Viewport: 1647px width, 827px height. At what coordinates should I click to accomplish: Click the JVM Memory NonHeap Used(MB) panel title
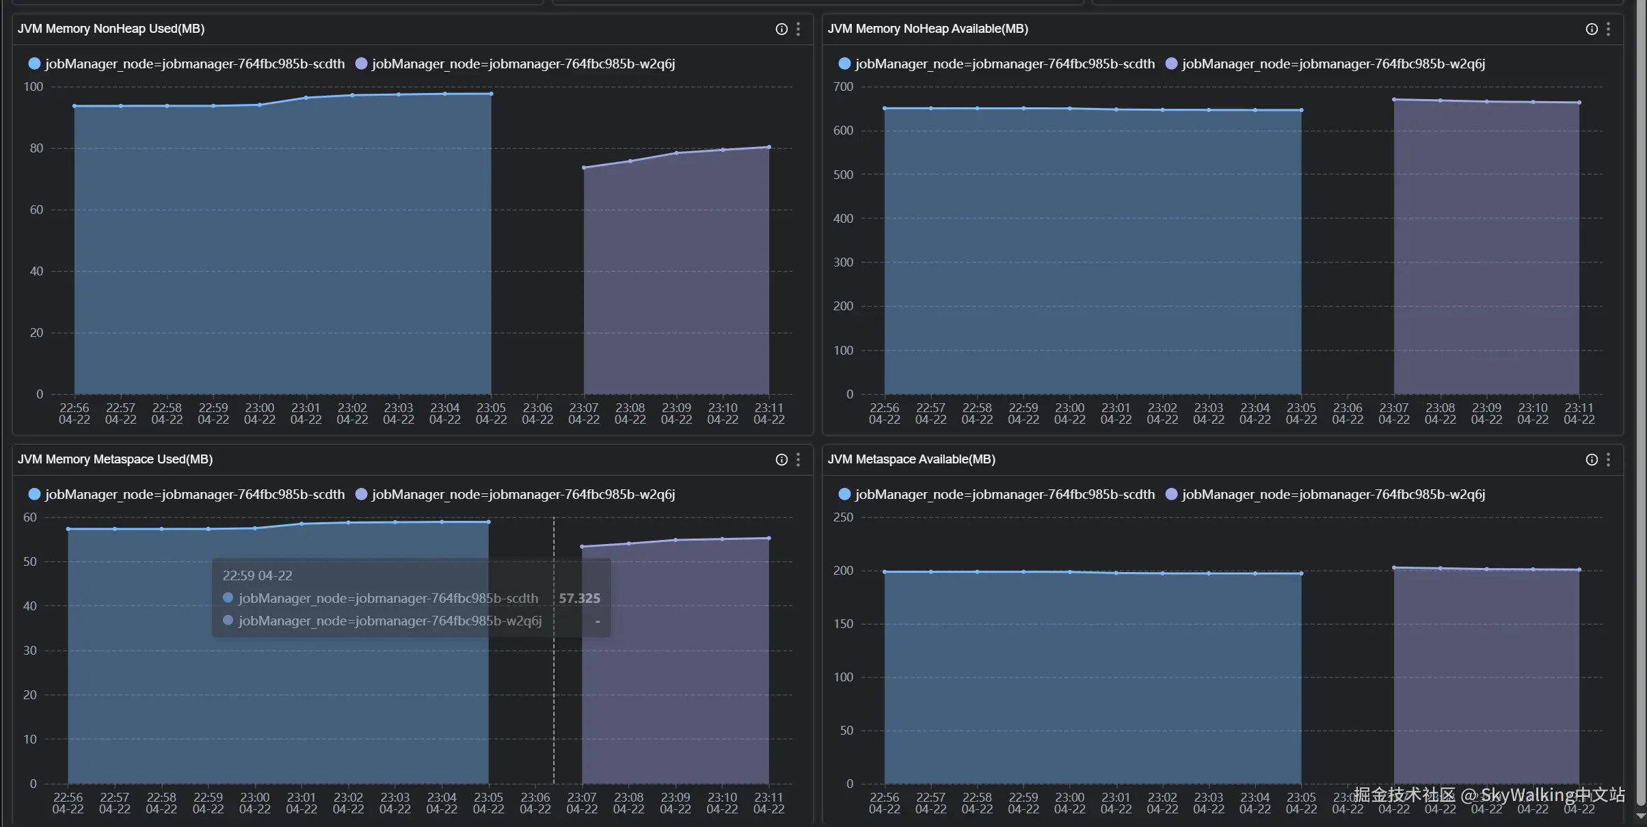(x=111, y=29)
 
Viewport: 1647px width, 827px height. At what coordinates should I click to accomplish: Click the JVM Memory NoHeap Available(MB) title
(x=927, y=29)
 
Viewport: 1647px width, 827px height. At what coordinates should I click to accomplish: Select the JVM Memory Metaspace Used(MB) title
(x=115, y=459)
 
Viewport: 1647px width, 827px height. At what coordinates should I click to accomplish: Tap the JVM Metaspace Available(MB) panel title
(x=911, y=459)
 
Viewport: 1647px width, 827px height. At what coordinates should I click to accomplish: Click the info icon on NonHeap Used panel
(x=781, y=29)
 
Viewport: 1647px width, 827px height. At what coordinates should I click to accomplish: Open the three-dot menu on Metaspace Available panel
(x=1608, y=459)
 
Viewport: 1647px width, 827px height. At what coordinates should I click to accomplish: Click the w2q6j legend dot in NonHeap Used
(x=362, y=64)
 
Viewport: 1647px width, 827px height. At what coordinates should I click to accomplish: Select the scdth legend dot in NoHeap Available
(x=844, y=64)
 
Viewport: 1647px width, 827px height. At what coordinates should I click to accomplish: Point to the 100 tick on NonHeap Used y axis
(x=34, y=87)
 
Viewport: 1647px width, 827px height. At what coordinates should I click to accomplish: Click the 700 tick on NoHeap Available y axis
(x=843, y=87)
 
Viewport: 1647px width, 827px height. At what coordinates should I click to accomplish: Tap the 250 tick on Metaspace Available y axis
(x=843, y=517)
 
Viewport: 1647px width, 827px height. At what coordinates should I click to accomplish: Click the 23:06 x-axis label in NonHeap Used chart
(x=537, y=413)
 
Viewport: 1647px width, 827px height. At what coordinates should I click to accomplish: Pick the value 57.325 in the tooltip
(x=579, y=598)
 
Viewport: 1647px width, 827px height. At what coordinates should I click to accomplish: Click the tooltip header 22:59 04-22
(x=257, y=575)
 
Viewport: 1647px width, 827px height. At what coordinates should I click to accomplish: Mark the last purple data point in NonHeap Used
(x=769, y=147)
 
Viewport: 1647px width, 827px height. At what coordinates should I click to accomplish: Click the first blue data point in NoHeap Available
(x=885, y=108)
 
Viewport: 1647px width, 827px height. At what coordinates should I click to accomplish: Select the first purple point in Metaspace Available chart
(x=1394, y=568)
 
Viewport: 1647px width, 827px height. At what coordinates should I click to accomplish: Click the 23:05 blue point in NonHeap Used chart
(x=491, y=94)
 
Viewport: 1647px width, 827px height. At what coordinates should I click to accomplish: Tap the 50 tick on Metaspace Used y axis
(x=30, y=562)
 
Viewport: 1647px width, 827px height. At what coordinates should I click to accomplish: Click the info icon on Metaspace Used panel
(x=781, y=459)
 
